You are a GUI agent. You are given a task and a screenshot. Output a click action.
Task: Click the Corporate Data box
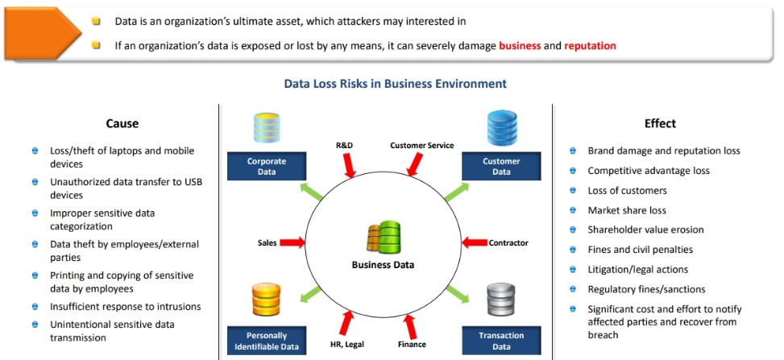tap(267, 167)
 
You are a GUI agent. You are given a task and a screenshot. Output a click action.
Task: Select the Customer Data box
tap(501, 167)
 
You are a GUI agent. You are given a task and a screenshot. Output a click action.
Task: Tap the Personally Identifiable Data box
tap(267, 341)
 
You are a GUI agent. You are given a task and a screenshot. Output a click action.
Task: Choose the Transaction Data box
tap(501, 341)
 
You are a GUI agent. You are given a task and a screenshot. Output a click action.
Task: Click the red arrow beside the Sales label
tap(292, 242)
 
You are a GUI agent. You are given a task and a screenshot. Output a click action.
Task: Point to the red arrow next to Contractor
tap(474, 242)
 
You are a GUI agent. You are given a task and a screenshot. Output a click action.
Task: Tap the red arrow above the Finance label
tap(409, 326)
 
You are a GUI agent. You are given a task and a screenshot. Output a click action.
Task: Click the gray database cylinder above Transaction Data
tap(501, 300)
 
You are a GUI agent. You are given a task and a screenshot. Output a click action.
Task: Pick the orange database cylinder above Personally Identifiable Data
tap(266, 300)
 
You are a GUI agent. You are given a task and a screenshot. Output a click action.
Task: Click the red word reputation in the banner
tap(590, 46)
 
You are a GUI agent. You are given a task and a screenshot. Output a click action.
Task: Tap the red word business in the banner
tap(520, 46)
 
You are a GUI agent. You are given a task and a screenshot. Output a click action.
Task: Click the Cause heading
tap(122, 123)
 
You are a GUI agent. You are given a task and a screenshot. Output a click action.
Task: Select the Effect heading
tap(660, 123)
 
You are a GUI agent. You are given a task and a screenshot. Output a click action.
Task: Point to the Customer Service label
tap(422, 146)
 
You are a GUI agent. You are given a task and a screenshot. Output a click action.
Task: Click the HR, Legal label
tap(347, 345)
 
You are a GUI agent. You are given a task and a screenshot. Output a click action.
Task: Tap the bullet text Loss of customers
tap(627, 191)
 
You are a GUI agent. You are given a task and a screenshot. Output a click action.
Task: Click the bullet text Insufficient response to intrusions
tap(126, 307)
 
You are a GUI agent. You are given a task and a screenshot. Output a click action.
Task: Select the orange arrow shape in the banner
tap(42, 34)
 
